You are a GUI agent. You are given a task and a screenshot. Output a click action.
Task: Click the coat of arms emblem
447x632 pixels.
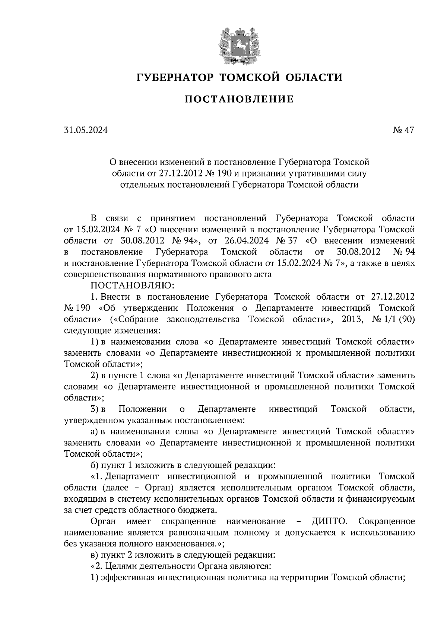[x=239, y=44]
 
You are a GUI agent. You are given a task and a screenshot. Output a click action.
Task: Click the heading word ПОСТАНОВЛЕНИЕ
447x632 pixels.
[x=239, y=99]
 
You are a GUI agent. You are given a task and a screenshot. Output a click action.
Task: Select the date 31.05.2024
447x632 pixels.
[x=86, y=130]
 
